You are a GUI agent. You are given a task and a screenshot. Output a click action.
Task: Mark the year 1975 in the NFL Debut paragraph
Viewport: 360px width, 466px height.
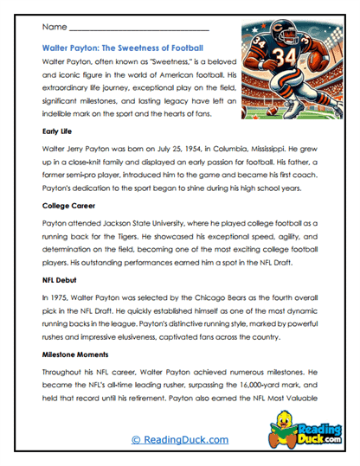click(57, 297)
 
